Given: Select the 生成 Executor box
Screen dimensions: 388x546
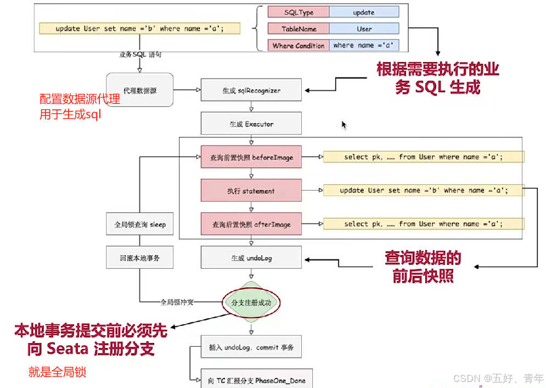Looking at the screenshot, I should click(251, 124).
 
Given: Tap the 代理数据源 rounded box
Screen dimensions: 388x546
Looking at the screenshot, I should click(139, 90).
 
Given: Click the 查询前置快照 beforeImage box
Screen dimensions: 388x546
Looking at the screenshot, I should click(251, 157).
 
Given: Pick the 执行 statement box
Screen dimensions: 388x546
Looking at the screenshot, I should click(251, 191).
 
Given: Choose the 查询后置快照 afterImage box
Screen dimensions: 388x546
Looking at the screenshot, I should click(251, 224).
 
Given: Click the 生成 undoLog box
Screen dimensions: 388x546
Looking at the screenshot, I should click(251, 258).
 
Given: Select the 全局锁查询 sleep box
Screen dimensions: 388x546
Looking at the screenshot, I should click(139, 224).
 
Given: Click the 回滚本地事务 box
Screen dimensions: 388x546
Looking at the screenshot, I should click(139, 258).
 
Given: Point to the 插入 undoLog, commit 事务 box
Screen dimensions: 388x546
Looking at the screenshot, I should click(251, 347).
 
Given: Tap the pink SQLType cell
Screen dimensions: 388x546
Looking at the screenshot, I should click(299, 12).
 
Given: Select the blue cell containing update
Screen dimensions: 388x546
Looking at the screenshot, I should click(364, 12).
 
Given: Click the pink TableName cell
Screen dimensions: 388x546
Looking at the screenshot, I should click(299, 29).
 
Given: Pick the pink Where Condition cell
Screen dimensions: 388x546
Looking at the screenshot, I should click(299, 46).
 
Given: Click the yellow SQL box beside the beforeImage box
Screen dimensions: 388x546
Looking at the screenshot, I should click(424, 157).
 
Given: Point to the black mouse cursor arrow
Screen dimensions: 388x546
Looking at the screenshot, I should click(344, 124).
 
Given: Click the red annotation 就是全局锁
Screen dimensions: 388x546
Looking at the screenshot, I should click(57, 372).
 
